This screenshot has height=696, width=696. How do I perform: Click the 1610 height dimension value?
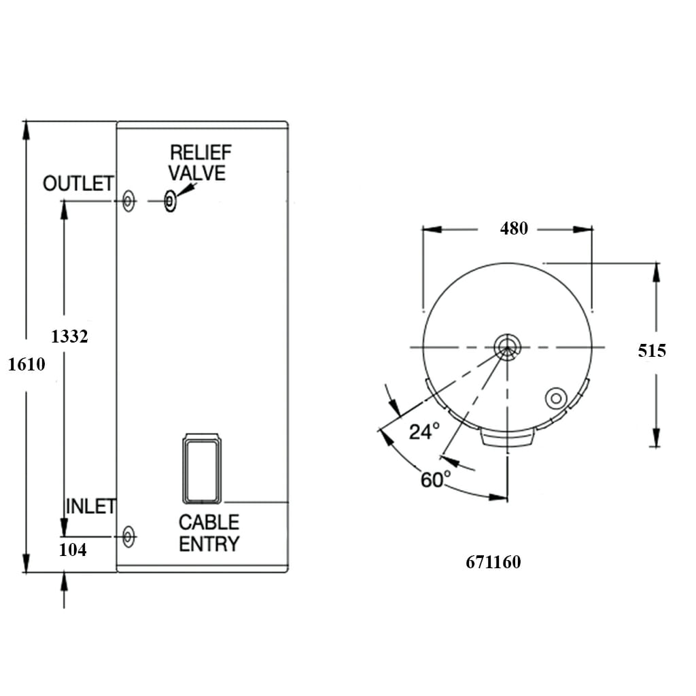[x=27, y=365]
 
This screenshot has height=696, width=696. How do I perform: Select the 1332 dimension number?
[x=70, y=336]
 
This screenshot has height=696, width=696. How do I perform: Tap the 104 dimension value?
[x=73, y=551]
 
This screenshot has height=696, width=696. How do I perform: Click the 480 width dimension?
[x=514, y=229]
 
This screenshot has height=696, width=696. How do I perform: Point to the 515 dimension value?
[x=652, y=351]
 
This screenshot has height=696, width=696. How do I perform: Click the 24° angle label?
[x=424, y=431]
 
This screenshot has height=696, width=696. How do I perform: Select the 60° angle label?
[x=435, y=480]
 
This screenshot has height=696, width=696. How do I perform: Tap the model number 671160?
[x=493, y=563]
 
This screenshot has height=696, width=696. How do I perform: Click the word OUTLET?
[x=77, y=184]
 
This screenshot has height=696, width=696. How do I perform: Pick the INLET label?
[x=90, y=506]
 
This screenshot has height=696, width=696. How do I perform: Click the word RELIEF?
[x=201, y=152]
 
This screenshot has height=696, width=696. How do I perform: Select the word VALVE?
[x=197, y=173]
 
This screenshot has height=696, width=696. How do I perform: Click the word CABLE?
[x=209, y=522]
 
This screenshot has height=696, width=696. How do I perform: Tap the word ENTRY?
[x=209, y=544]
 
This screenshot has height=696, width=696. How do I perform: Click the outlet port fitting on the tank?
[x=128, y=201]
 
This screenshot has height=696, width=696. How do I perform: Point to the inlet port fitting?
[x=128, y=537]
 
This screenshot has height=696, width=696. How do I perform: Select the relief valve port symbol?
[x=170, y=201]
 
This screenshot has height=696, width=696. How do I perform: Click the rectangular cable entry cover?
[x=201, y=470]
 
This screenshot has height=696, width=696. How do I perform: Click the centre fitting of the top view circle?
[x=506, y=347]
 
